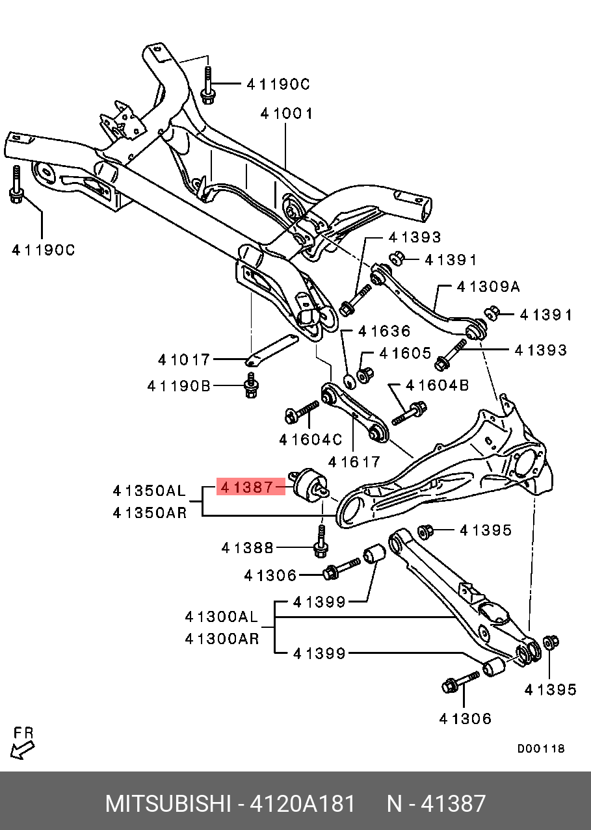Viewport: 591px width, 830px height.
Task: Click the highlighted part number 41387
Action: pos(250,487)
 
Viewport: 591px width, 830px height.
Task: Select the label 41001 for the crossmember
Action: pos(287,114)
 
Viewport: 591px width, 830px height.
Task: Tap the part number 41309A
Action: pos(488,287)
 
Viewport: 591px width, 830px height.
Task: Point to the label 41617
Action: pos(354,461)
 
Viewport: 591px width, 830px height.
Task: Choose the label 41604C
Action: pos(310,440)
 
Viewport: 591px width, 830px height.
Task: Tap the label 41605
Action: pos(405,354)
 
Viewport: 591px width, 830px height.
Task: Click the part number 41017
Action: pos(184,359)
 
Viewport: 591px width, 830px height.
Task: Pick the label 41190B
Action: pos(179,386)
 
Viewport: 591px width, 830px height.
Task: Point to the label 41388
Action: pos(247,548)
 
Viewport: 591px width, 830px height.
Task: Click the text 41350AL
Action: pos(149,490)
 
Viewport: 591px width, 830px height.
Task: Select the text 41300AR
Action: pos(221,639)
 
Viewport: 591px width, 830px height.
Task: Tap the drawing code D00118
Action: pos(541,749)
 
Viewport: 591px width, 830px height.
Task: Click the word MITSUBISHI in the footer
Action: pos(168,804)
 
